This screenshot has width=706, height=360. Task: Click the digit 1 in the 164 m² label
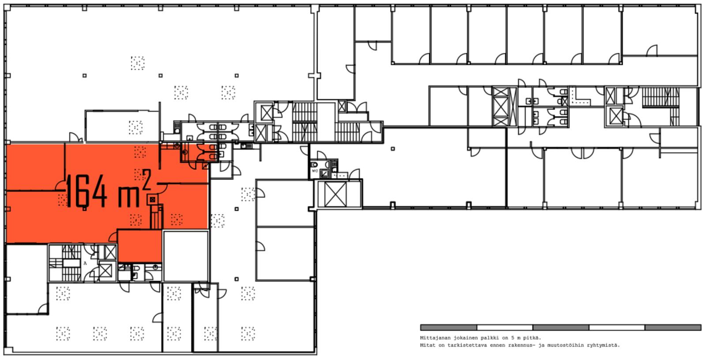69,191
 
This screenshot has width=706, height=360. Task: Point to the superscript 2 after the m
146,179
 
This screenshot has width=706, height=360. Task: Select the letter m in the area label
128,197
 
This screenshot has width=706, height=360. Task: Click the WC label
315,171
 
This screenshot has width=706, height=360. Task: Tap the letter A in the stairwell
85,263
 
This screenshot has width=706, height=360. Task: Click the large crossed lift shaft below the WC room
335,195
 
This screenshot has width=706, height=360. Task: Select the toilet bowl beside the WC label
314,165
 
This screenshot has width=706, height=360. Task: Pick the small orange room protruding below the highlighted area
139,246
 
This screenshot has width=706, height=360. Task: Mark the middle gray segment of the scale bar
560,327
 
